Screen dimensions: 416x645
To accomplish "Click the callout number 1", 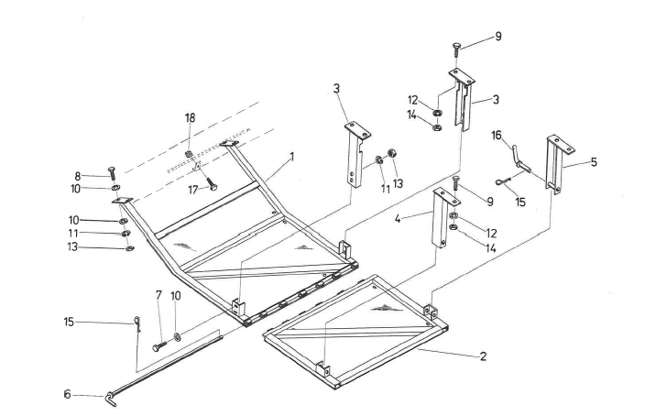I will click(291, 157).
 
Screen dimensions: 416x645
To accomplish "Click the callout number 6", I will click(66, 394).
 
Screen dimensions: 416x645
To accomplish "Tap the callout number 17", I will click(191, 190).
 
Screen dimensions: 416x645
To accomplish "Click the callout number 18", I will click(191, 119).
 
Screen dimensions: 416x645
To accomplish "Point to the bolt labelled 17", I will click(211, 184).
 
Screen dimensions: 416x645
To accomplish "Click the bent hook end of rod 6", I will click(112, 399).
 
